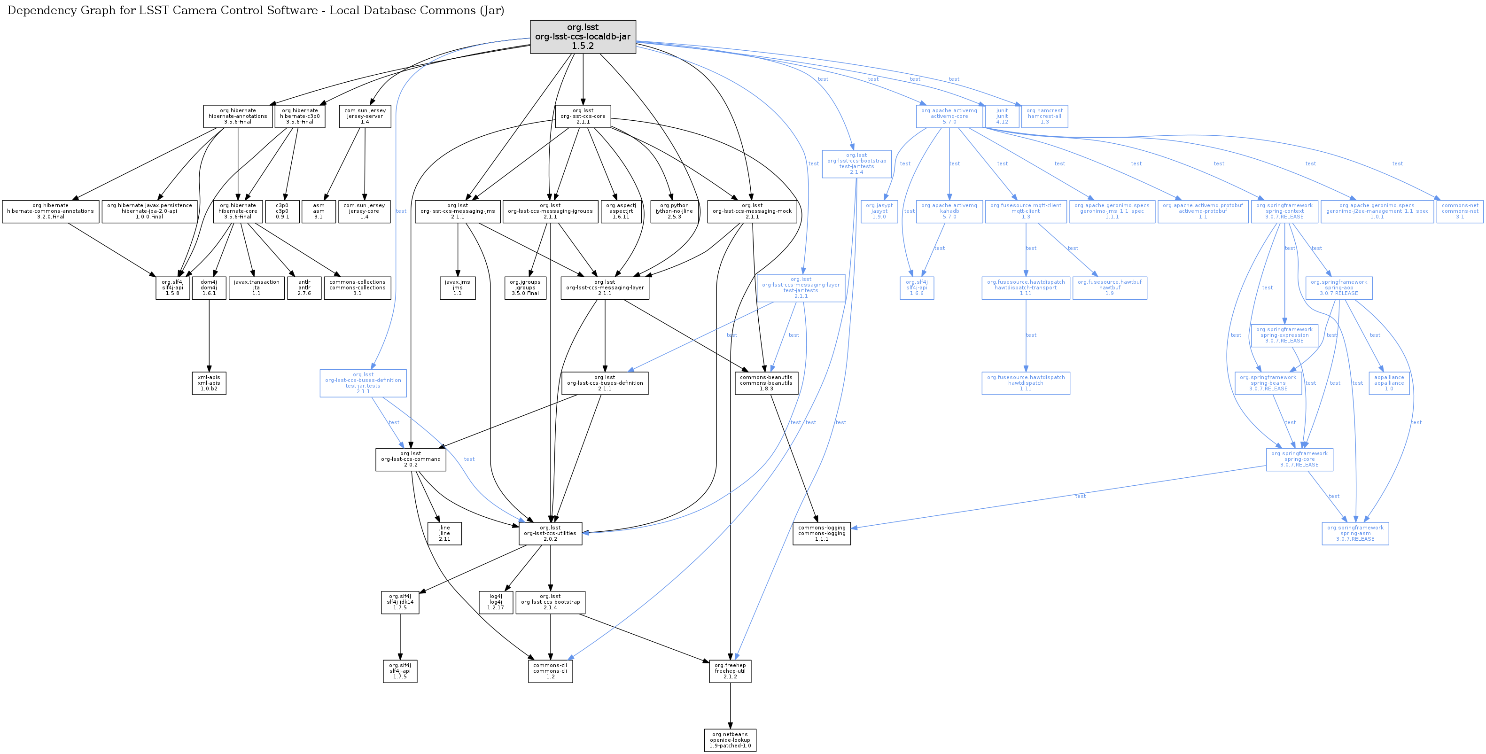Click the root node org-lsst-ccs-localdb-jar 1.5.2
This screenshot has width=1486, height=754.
coord(583,37)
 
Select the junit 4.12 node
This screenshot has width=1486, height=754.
coord(1002,116)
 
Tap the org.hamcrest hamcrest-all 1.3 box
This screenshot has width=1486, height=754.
coord(1044,116)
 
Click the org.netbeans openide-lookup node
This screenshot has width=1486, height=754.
coord(730,740)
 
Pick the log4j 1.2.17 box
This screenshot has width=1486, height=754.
coord(496,602)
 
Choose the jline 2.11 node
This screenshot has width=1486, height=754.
coord(444,534)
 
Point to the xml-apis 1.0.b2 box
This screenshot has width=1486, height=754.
coord(209,383)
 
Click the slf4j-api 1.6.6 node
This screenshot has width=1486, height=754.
coord(917,288)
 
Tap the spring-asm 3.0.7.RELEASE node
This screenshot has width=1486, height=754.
coord(1355,534)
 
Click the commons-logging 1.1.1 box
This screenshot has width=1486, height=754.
coord(821,534)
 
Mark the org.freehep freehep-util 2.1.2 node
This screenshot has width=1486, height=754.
coord(730,671)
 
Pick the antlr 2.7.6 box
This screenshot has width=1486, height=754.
coord(304,288)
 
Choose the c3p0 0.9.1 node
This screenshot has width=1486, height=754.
coord(282,211)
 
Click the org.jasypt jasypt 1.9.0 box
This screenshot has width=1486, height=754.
coord(879,211)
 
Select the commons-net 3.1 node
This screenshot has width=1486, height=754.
coord(1460,211)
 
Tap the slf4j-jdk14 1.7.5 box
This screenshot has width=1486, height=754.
coord(400,602)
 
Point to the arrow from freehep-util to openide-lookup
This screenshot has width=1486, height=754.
coord(730,706)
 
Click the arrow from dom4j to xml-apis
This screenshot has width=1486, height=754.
coord(209,334)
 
